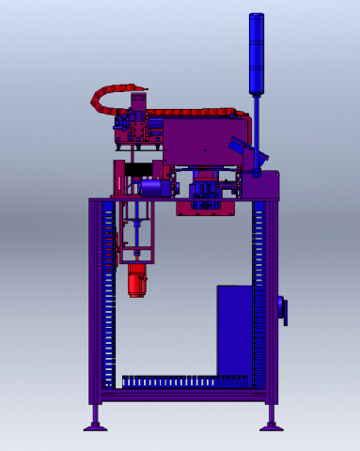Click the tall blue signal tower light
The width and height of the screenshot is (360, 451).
coord(256,54)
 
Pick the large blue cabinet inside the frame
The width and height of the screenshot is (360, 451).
coord(235,329)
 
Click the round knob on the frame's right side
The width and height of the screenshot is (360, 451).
coord(282,311)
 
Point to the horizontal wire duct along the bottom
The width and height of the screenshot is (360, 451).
coord(183,381)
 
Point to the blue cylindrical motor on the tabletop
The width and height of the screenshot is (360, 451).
coord(151,188)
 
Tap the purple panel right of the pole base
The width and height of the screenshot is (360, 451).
coord(267,185)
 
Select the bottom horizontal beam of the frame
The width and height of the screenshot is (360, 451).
coord(183,396)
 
